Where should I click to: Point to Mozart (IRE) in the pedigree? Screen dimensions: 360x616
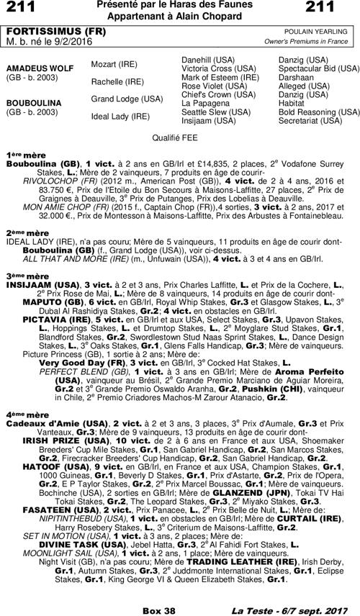click(114, 64)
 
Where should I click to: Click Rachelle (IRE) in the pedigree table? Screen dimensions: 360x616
click(117, 81)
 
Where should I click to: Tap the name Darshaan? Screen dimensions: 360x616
click(296, 77)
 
